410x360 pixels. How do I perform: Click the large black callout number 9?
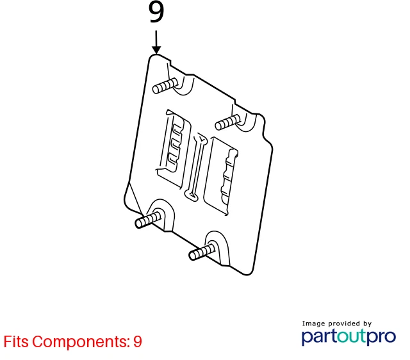coord(156,12)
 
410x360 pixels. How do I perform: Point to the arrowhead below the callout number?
coord(156,50)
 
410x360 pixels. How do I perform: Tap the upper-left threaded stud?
coord(165,85)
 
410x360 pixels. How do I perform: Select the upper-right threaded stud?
coord(228,122)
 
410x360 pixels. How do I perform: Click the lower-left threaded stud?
coord(148,220)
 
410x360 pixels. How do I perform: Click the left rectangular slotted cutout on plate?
coord(173,149)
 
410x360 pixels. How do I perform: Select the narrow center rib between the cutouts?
coord(196,167)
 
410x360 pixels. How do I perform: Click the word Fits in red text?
coord(16,341)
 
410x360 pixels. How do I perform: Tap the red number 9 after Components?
coord(138,341)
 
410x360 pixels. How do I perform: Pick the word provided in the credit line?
coord(344,323)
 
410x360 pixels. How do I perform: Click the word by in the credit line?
coord(367,324)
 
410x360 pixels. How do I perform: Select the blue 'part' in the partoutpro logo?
coord(319,337)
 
